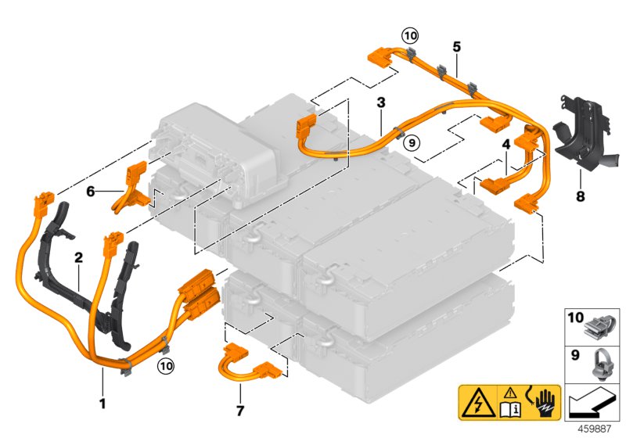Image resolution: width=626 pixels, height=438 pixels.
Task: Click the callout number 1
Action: (102, 382)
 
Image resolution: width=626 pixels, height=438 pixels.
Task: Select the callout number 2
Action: (78, 256)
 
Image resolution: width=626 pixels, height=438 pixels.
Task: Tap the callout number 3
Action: (380, 102)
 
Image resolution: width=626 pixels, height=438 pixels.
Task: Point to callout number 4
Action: (506, 144)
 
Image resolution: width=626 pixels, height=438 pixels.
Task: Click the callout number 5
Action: (455, 46)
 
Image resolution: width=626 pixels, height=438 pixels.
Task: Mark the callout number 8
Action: (580, 196)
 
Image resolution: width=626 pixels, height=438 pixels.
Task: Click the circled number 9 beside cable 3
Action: (411, 141)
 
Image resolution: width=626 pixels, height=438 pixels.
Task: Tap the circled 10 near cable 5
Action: (410, 34)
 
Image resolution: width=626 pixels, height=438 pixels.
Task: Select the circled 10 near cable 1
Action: (164, 365)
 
